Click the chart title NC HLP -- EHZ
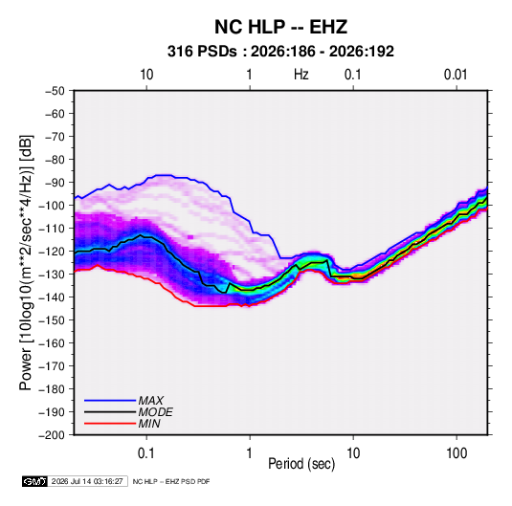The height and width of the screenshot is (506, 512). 280,27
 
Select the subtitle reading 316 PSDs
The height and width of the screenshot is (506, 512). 202,52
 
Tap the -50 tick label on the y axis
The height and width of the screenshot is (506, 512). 55,91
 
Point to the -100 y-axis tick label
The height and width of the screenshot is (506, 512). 52,206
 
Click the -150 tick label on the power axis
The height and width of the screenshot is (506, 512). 52,320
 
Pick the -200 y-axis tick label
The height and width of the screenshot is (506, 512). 52,435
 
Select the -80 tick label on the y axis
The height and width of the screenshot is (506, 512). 55,160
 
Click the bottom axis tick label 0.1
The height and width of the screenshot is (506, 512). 146,453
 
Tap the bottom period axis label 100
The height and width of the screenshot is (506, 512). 456,453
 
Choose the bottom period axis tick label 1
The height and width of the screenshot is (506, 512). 250,453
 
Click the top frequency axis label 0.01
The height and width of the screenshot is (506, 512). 456,75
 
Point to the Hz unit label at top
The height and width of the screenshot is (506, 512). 301,75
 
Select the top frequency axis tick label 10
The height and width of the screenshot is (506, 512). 146,75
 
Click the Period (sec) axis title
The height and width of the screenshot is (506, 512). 301,464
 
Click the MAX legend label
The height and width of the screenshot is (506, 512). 151,401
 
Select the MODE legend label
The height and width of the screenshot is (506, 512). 155,412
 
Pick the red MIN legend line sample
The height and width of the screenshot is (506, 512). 110,424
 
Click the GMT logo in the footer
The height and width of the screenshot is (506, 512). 34,481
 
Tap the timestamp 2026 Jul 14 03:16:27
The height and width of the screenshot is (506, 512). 87,481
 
